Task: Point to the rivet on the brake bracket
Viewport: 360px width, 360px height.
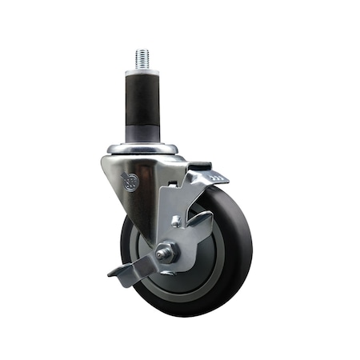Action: tap(175, 221)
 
